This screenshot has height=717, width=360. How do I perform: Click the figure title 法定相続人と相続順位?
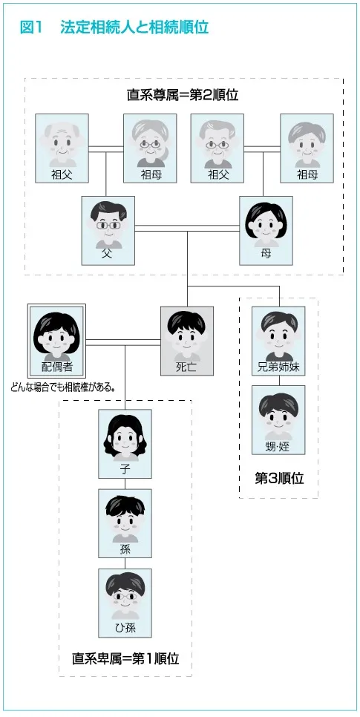pyautogui.click(x=134, y=28)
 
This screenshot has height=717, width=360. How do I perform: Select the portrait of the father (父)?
pyautogui.click(x=108, y=230)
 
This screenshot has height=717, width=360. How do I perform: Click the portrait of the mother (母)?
pyautogui.click(x=266, y=230)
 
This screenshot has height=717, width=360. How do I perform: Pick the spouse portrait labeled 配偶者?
pyautogui.click(x=56, y=341)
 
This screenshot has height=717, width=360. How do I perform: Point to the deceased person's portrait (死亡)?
pyautogui.click(x=186, y=341)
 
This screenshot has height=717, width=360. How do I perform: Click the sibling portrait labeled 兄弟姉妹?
pyautogui.click(x=278, y=341)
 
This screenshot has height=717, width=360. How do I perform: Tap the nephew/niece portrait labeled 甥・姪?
pyautogui.click(x=278, y=420)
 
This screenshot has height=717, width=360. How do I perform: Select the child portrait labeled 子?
pyautogui.click(x=125, y=444)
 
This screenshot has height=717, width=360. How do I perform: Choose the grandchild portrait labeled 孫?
pyautogui.click(x=125, y=523)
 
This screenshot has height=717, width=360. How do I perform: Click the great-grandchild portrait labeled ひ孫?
pyautogui.click(x=125, y=603)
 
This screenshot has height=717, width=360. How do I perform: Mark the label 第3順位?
pyautogui.click(x=279, y=478)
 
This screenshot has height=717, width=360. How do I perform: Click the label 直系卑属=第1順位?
pyautogui.click(x=125, y=658)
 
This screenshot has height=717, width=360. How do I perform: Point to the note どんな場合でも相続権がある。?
pyautogui.click(x=62, y=387)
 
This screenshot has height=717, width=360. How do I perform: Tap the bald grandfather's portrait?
pyautogui.click(x=62, y=148)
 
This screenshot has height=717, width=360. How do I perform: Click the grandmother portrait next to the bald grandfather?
pyautogui.click(x=150, y=148)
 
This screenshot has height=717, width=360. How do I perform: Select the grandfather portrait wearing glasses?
pyautogui.click(x=217, y=148)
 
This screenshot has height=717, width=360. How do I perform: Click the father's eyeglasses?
pyautogui.click(x=108, y=226)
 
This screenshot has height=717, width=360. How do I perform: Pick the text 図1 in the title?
pyautogui.click(x=31, y=28)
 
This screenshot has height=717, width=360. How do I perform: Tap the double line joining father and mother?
pyautogui.click(x=187, y=228)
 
